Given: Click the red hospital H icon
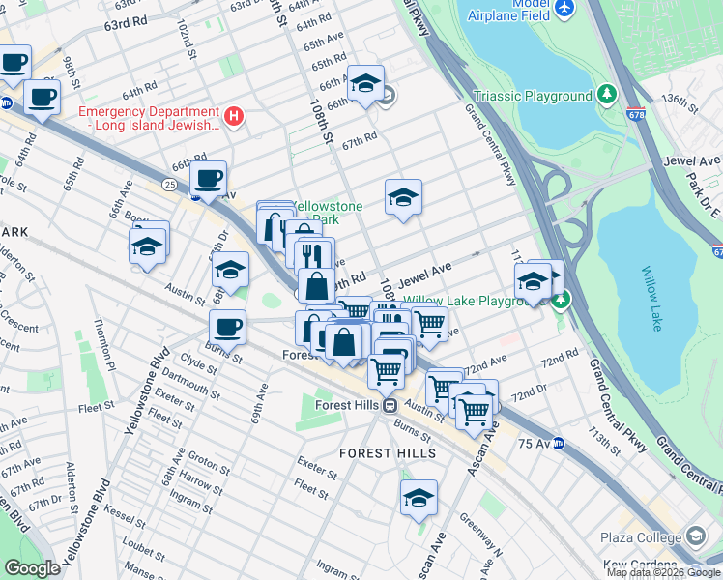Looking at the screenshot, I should pyautogui.click(x=232, y=117).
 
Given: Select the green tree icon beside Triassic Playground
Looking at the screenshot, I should pyautogui.click(x=606, y=95).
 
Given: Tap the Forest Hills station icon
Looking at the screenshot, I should pyautogui.click(x=390, y=405).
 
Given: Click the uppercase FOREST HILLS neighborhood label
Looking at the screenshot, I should pyautogui.click(x=388, y=452).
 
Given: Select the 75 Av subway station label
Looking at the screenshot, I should pyautogui.click(x=535, y=444).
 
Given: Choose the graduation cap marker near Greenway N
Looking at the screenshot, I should pyautogui.click(x=419, y=497).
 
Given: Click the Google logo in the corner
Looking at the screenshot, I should pyautogui.click(x=33, y=567).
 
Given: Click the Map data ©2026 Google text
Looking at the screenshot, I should pyautogui.click(x=663, y=572).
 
